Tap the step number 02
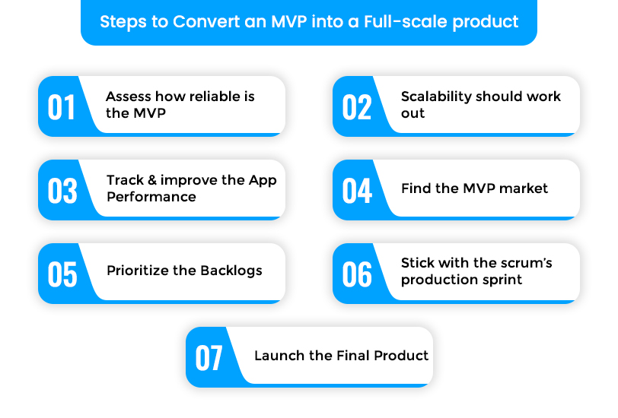click(x=357, y=107)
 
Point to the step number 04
click(x=357, y=191)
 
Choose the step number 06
click(x=357, y=274)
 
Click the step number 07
click(x=209, y=358)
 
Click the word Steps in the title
click(x=123, y=21)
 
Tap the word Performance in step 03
click(x=151, y=197)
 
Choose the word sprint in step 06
click(x=502, y=280)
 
